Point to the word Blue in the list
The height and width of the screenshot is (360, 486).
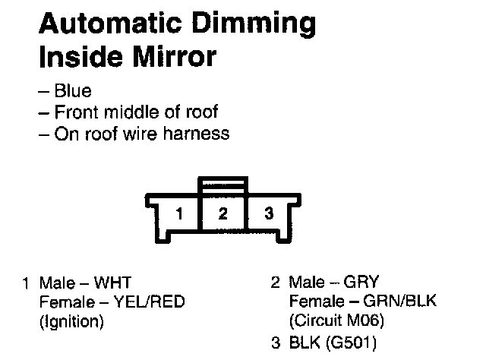(73, 91)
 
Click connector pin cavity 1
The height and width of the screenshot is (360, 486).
(178, 213)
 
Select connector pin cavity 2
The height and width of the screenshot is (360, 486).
(222, 213)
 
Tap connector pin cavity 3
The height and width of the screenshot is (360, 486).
(267, 213)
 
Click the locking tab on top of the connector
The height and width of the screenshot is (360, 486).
(222, 185)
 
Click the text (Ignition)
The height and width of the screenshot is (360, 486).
(71, 321)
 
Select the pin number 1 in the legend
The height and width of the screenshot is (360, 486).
(27, 284)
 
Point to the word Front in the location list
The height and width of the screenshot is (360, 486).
(77, 112)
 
